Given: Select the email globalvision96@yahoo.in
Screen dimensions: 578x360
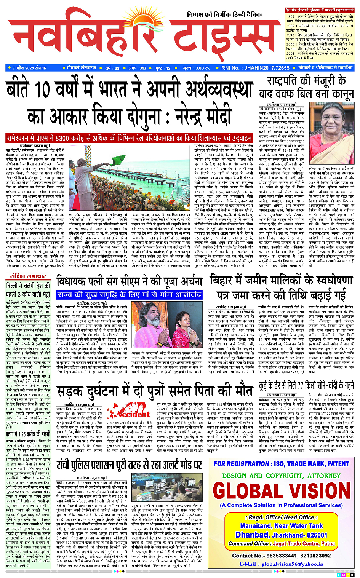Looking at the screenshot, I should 281,564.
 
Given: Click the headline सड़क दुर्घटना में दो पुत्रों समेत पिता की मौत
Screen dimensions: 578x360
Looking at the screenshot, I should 154,391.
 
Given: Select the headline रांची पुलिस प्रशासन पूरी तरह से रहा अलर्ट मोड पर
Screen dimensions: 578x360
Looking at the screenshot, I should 129,465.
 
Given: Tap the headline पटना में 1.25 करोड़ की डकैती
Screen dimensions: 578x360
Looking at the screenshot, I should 27,434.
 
